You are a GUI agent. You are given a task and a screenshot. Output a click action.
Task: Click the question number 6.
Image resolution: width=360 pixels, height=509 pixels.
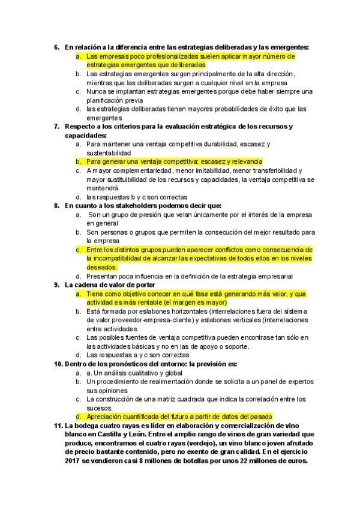pos(56,47)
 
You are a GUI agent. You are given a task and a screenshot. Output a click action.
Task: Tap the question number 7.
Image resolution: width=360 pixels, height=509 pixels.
pos(56,127)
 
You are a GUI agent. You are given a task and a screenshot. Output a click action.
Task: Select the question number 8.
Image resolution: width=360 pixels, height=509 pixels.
pos(56,206)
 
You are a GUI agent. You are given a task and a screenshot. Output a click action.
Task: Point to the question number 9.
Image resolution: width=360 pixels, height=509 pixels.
pos(56,285)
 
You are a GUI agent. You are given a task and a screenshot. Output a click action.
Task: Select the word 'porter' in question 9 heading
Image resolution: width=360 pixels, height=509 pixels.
pos(145,285)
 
